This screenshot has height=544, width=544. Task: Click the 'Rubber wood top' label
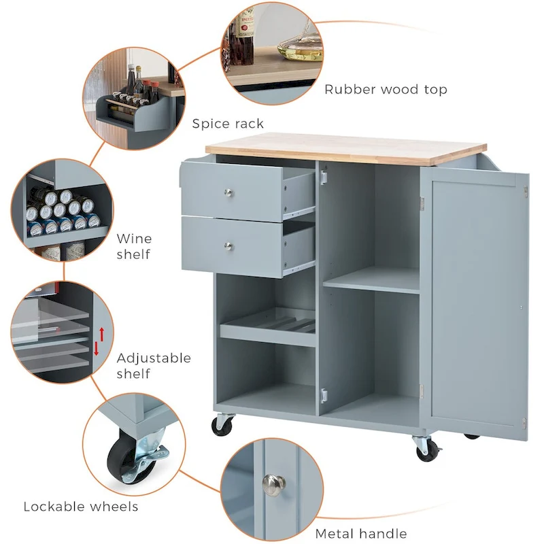[x=386, y=89]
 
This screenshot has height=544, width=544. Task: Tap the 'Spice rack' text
[x=228, y=123]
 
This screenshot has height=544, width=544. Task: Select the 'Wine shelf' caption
[x=134, y=246]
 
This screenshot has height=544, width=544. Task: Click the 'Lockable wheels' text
[x=81, y=506]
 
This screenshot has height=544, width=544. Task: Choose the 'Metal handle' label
[x=361, y=533]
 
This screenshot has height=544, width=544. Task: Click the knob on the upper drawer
[x=229, y=194]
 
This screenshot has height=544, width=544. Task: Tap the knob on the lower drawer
[x=229, y=245]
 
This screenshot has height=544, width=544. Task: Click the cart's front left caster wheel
[x=222, y=426]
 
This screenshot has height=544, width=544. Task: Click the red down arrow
[x=97, y=350]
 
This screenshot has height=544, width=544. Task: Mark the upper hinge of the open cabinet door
[x=422, y=202]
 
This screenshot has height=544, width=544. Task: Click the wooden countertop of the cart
[x=345, y=149]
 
